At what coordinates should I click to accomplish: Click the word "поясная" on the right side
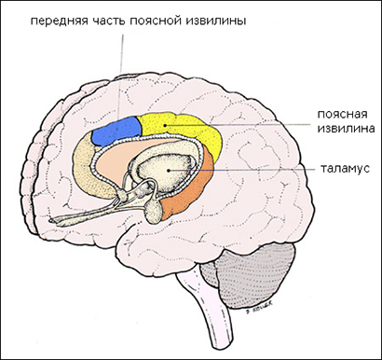tap(342, 115)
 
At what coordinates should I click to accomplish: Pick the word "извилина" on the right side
tap(346, 128)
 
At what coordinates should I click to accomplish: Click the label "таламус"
tap(345, 169)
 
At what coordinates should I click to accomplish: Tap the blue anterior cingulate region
tap(116, 131)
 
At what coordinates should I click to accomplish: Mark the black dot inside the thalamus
tap(168, 171)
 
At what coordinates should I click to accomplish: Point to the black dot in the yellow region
tap(166, 125)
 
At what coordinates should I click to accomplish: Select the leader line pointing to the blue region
tap(120, 76)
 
